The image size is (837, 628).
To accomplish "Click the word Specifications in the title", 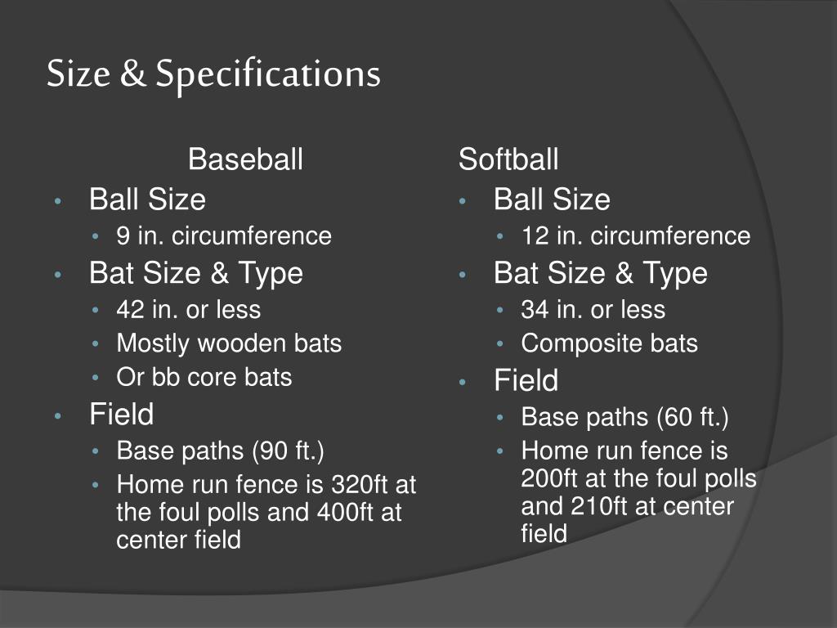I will click(x=268, y=74).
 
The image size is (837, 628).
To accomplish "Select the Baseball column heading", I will click(x=245, y=159).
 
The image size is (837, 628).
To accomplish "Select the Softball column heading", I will click(x=508, y=159).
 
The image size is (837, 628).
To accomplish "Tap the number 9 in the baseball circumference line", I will click(x=123, y=236).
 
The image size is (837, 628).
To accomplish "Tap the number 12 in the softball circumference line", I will click(x=535, y=236).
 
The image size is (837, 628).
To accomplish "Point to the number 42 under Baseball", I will click(x=130, y=310).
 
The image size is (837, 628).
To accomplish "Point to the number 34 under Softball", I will click(x=535, y=310).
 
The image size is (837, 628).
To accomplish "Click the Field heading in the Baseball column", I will click(x=121, y=414).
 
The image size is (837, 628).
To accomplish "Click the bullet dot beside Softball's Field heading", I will click(x=463, y=382).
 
